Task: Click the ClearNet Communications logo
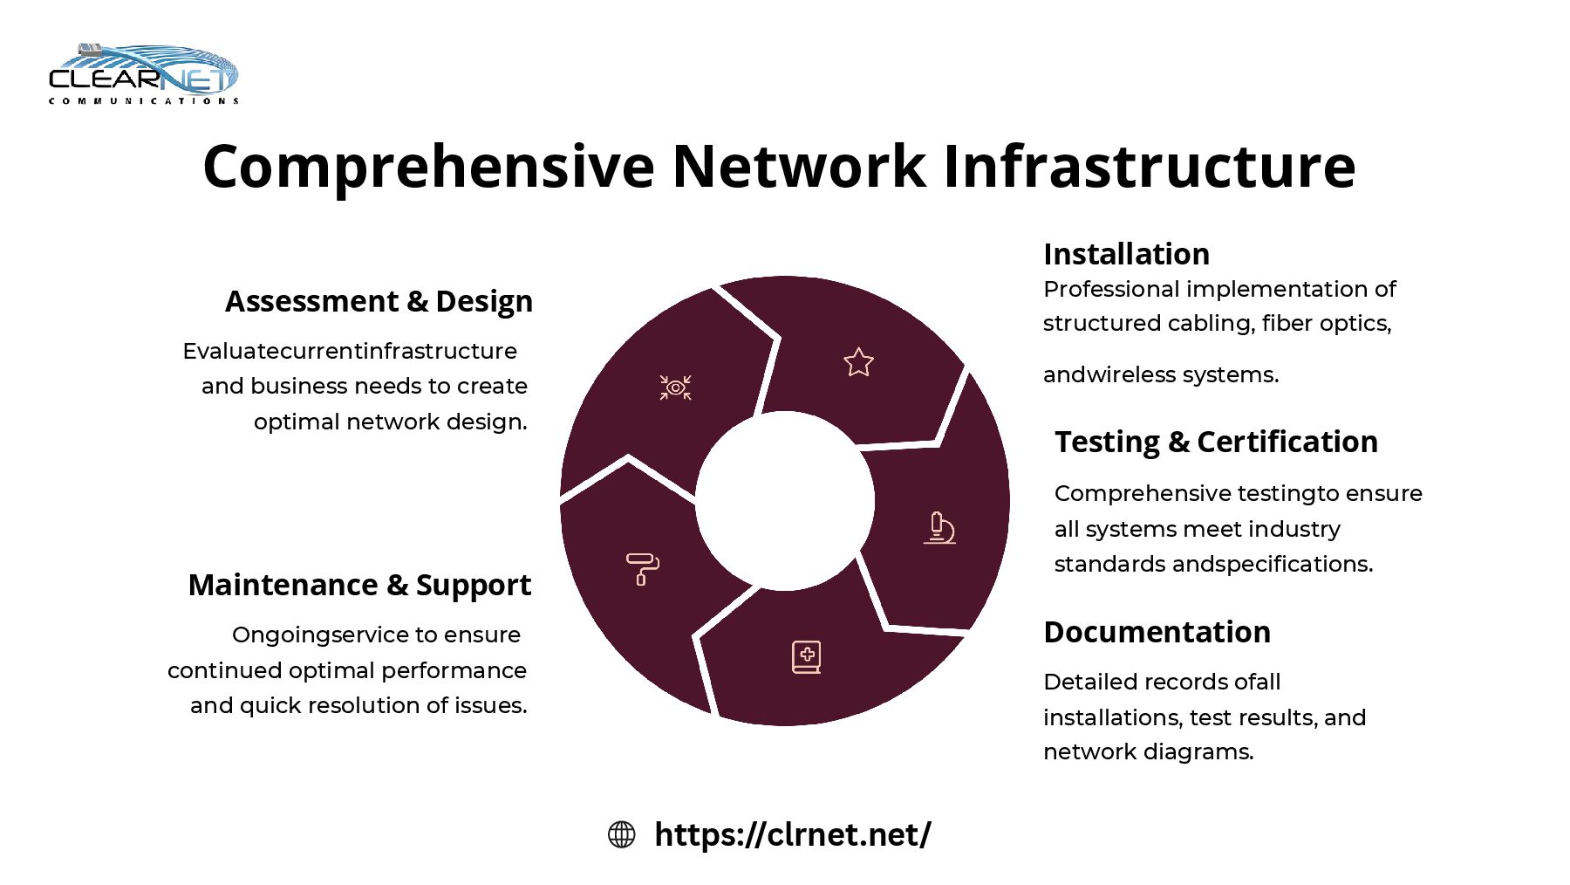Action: point(144,75)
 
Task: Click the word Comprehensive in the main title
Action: point(428,167)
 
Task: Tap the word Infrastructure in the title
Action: point(1149,167)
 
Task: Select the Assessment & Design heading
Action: point(379,301)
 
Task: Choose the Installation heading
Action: point(1126,254)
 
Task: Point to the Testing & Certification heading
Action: point(1216,442)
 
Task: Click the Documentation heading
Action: point(1157,632)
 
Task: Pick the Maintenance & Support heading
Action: point(359,585)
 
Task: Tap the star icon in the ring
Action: point(858,362)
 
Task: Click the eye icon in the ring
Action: point(675,388)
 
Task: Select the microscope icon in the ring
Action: point(939,528)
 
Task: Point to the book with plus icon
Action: point(806,657)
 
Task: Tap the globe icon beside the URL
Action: point(621,834)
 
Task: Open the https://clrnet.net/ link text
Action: point(792,834)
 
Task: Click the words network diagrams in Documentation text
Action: point(1148,751)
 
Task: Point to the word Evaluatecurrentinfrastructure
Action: point(350,351)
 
